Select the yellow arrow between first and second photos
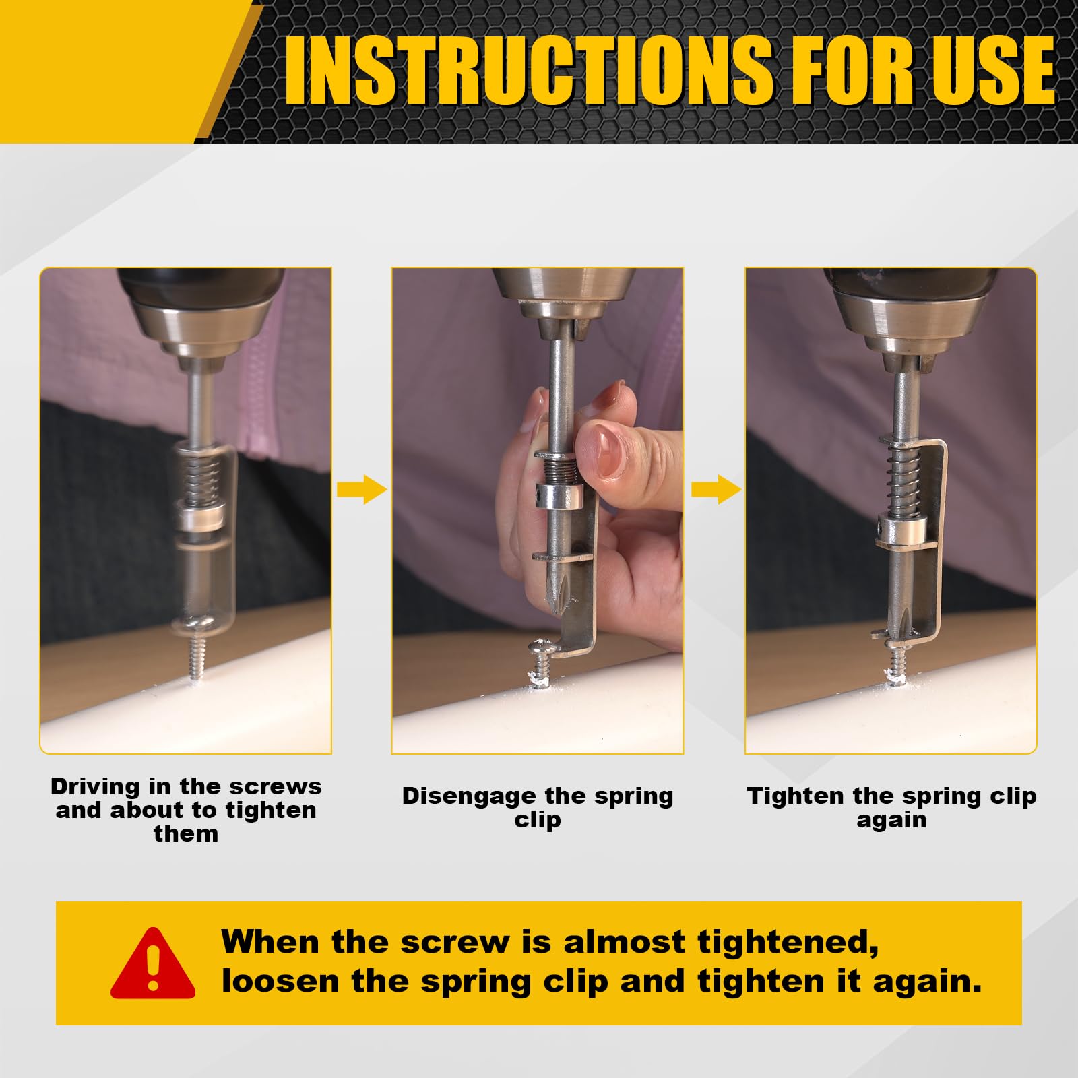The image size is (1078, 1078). pos(362,489)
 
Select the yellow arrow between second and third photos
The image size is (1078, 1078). pos(716,489)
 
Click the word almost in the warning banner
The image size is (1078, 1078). pos(623,942)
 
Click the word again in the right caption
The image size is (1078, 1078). pos(891,820)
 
